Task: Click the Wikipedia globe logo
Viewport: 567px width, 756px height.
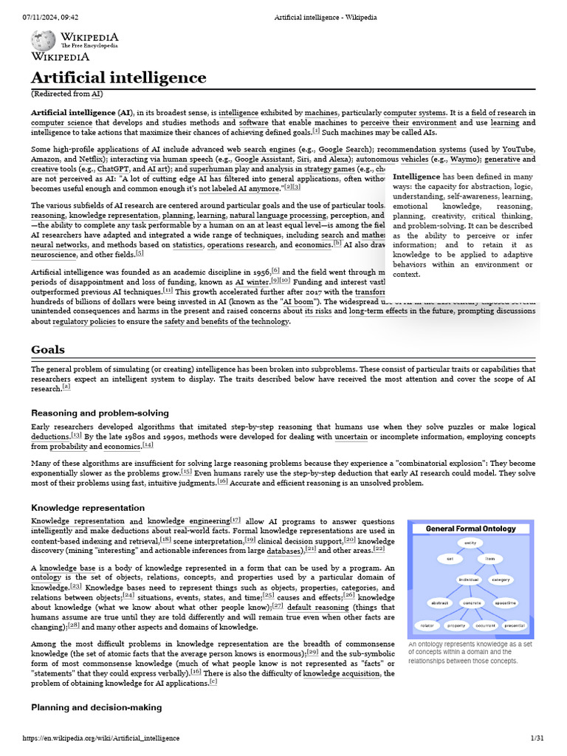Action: (42, 41)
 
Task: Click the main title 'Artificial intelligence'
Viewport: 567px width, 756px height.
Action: (118, 78)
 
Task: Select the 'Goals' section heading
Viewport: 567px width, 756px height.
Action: (48, 349)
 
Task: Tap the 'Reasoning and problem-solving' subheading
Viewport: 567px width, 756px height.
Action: (100, 413)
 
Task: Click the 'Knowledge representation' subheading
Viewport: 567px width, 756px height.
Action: (88, 508)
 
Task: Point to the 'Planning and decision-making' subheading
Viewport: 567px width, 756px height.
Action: (96, 707)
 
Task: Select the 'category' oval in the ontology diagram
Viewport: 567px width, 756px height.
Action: (500, 580)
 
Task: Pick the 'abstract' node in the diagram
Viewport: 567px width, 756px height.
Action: (440, 602)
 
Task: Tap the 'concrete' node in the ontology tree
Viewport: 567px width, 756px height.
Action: (472, 602)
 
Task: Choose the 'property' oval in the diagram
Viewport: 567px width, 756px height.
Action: (456, 625)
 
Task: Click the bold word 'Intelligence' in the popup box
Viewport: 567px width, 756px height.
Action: (416, 177)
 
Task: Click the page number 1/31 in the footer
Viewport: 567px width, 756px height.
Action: (537, 738)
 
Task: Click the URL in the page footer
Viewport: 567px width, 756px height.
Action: (101, 738)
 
